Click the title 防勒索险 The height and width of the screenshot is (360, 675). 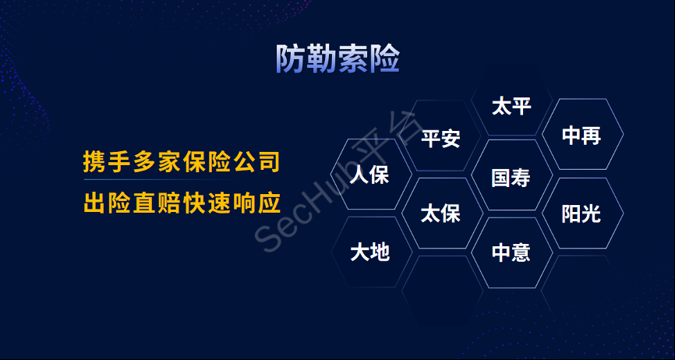pos(337,59)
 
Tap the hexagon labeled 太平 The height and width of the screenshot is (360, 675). pos(511,106)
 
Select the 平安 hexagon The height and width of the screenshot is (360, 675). pos(440,139)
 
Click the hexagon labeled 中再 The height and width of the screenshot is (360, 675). pos(581,136)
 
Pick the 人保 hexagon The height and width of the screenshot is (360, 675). pos(369,175)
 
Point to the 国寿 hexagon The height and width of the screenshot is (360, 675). pos(511,177)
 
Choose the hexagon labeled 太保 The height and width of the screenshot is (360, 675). pos(440,213)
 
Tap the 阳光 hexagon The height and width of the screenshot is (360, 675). pos(581,213)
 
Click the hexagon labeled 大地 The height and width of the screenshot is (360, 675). pos(369,252)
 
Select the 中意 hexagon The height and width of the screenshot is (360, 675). pos(511,252)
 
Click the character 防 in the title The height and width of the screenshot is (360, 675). pos(291,59)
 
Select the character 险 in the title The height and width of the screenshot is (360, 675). pos(384,59)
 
